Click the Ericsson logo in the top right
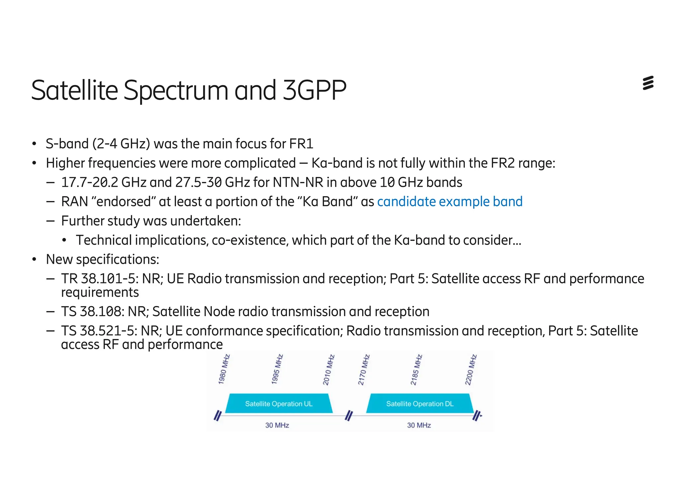tap(648, 83)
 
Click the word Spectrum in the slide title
tap(176, 91)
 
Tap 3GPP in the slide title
tap(314, 90)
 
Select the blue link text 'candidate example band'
tap(450, 202)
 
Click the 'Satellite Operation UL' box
tap(279, 404)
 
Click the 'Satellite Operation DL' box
tap(420, 404)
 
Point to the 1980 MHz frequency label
tap(224, 369)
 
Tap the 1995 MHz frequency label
tap(277, 369)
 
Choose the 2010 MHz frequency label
tap(329, 370)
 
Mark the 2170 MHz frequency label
tap(364, 370)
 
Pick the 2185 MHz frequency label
tap(416, 370)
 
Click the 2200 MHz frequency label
tap(470, 370)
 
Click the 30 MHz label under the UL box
tap(277, 425)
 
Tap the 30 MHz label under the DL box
tap(419, 425)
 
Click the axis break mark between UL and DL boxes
tap(349, 415)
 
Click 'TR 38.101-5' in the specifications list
tap(100, 279)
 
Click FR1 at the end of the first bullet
tap(301, 144)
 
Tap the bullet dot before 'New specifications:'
tap(34, 259)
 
